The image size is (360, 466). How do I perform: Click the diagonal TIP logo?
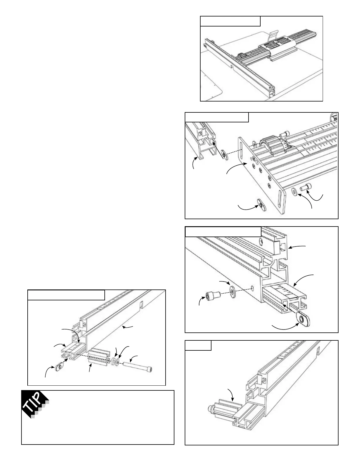35,405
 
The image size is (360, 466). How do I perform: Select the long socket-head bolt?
138,367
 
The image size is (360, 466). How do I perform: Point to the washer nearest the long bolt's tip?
117,361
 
